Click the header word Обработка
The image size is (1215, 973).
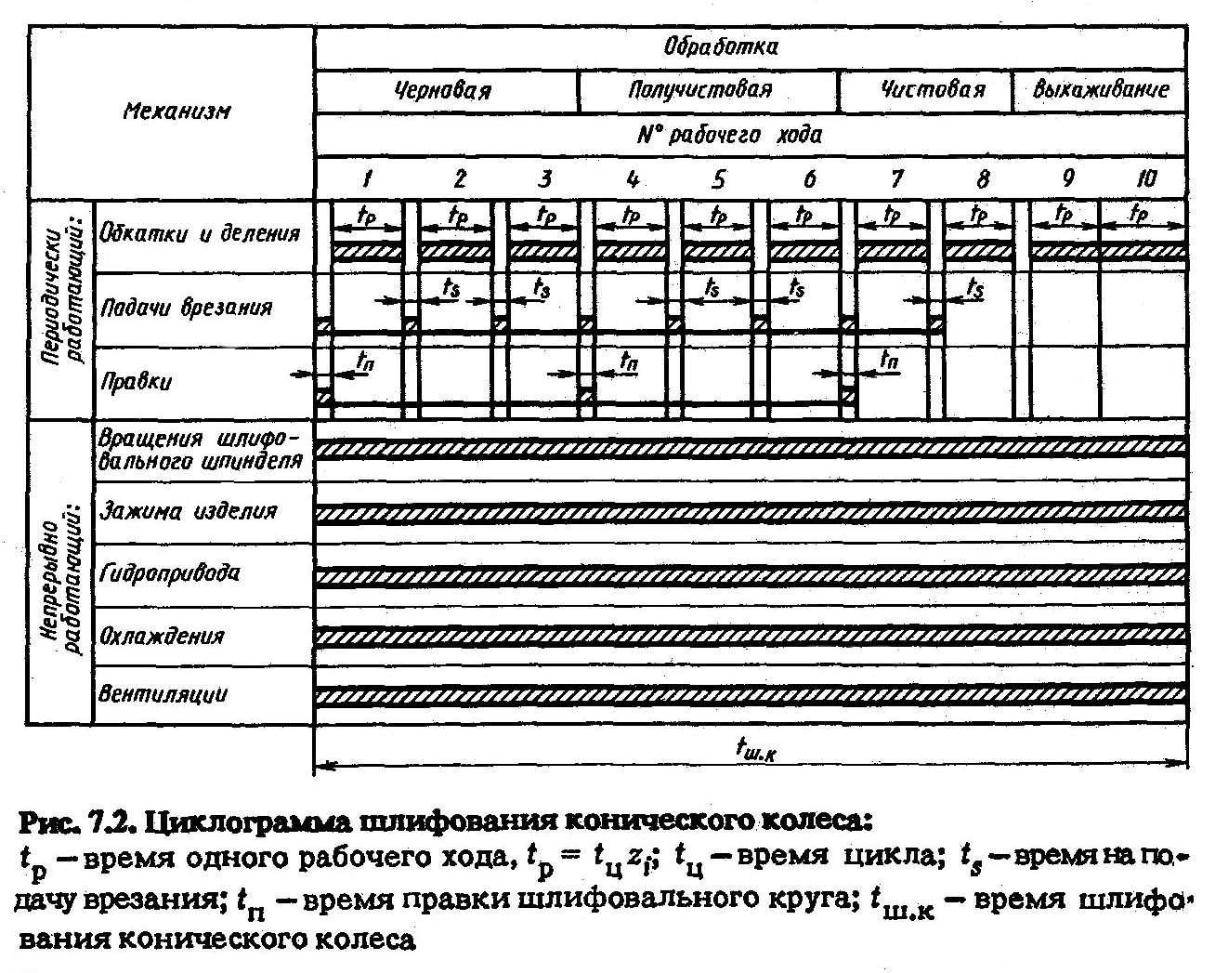click(720, 46)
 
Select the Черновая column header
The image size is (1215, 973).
click(443, 91)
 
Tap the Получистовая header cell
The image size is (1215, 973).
click(699, 91)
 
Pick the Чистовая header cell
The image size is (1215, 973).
click(932, 91)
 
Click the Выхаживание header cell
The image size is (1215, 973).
click(1100, 91)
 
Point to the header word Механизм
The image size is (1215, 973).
click(176, 112)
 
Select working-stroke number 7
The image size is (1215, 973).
click(895, 178)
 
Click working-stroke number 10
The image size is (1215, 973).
click(1146, 178)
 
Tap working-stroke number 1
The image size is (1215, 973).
click(368, 178)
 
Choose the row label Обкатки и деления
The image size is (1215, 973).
click(200, 232)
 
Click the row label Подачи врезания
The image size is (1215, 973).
click(186, 307)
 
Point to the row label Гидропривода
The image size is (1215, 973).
click(169, 572)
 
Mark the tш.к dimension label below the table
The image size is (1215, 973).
click(755, 746)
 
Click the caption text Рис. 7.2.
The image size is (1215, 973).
click(78, 822)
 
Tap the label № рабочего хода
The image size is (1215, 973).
click(729, 135)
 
